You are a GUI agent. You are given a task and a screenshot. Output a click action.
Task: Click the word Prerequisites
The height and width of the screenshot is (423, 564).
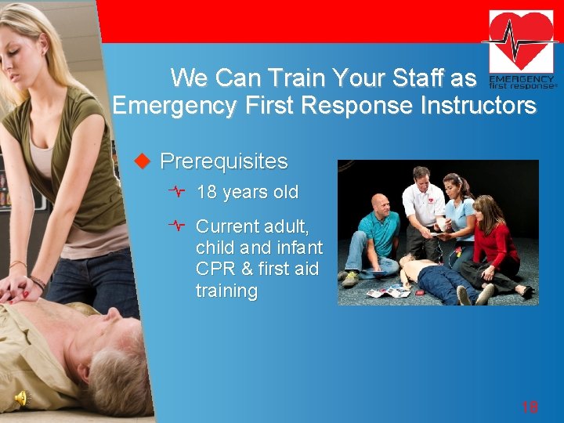[x=223, y=162]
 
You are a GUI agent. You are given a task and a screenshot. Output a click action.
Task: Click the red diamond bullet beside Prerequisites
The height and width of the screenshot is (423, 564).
[x=142, y=162]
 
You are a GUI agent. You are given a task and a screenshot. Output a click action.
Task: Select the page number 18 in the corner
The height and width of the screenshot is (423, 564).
[x=530, y=407]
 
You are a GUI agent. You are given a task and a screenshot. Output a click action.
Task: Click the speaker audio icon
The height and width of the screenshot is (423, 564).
[x=21, y=399]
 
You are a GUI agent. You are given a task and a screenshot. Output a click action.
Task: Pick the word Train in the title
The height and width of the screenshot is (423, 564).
[x=297, y=78]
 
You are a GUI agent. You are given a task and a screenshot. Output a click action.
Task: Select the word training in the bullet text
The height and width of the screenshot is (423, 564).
[x=226, y=291]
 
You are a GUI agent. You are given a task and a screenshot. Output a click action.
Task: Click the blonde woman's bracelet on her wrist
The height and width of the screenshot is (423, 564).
[x=37, y=281]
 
